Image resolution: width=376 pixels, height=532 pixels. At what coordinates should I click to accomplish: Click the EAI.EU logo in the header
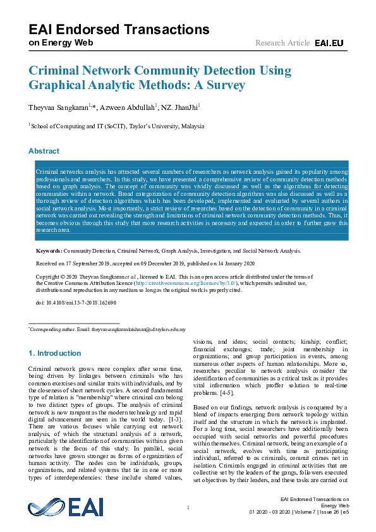[329, 42]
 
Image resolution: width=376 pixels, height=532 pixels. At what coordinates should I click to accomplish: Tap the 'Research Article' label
[282, 42]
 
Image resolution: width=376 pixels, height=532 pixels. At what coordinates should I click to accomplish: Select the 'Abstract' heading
[44, 151]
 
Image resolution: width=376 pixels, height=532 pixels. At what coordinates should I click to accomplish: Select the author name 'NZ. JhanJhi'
[181, 108]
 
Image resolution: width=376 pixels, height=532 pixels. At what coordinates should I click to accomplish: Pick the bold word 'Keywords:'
[49, 251]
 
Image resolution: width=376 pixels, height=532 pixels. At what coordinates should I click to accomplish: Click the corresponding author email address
[140, 330]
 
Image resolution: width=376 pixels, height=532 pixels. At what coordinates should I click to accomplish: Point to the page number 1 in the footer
[188, 507]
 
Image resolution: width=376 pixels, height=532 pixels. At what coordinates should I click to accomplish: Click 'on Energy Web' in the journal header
[61, 42]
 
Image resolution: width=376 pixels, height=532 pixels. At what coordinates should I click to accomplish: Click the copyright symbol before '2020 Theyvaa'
[59, 277]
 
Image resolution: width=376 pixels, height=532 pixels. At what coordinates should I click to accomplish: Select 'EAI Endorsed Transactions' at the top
[119, 29]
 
